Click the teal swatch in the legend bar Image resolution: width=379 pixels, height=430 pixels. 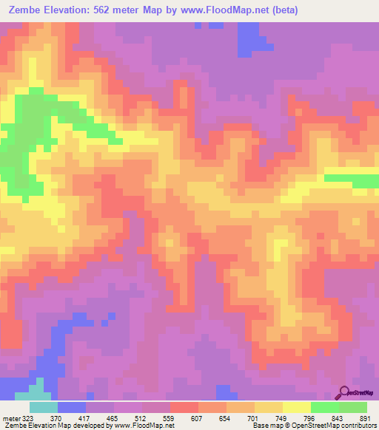tap(44, 407)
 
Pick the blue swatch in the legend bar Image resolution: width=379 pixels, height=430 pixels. tap(72, 407)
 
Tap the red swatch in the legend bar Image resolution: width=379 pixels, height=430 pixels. tap(184, 407)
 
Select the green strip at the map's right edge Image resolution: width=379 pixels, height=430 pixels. tap(352, 180)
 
